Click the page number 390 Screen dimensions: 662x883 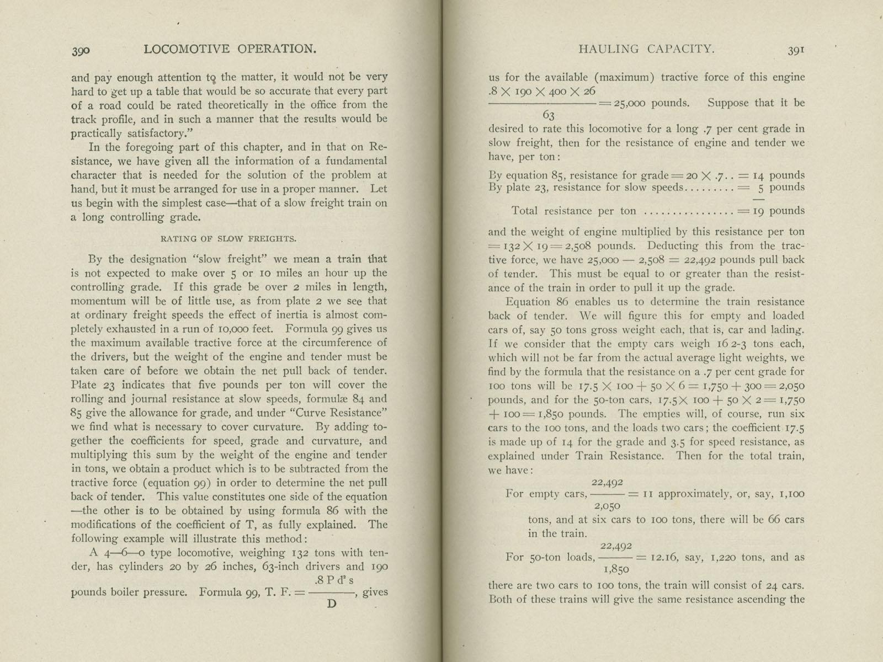pos(81,50)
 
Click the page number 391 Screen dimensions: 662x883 pos(796,50)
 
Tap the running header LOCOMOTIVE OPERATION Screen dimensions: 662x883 pos(230,49)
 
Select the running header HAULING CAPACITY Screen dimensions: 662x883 pos(646,49)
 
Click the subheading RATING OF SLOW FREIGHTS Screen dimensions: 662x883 pos(228,239)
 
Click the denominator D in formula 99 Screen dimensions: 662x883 pos(331,604)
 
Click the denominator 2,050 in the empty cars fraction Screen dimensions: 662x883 pos(607,506)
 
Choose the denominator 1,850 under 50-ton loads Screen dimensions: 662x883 pos(616,570)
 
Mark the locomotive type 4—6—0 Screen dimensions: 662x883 pos(116,553)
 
